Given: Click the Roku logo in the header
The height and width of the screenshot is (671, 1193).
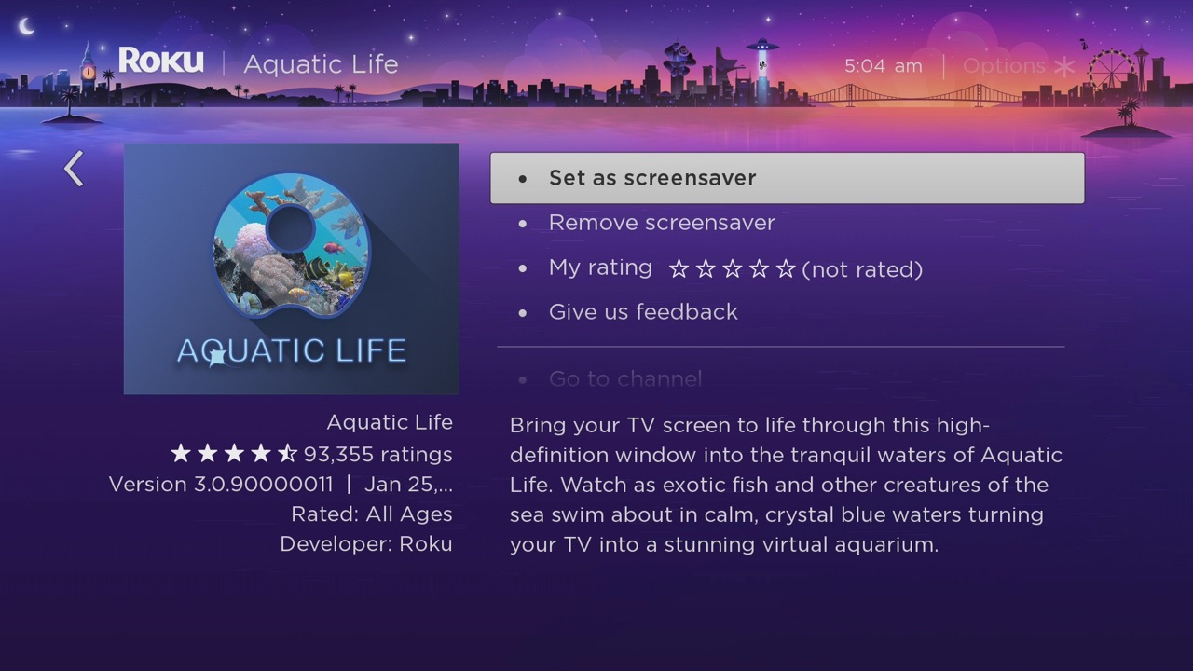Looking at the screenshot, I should pyautogui.click(x=160, y=62).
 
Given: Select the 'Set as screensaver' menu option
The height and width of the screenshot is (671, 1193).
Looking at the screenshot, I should pyautogui.click(x=651, y=178).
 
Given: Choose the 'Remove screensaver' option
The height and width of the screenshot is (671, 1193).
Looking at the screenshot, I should pyautogui.click(x=661, y=223).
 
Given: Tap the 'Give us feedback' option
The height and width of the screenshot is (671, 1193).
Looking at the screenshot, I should pyautogui.click(x=642, y=312).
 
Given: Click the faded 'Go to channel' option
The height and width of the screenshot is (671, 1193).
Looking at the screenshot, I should pyautogui.click(x=624, y=378).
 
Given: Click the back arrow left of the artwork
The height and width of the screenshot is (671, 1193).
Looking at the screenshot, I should pyautogui.click(x=74, y=169).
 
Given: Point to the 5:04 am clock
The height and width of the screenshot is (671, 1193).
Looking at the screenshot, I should pyautogui.click(x=883, y=66).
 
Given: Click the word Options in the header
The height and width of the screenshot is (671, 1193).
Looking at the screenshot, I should pyautogui.click(x=1004, y=66).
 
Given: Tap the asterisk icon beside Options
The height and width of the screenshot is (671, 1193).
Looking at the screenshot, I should pyautogui.click(x=1064, y=67).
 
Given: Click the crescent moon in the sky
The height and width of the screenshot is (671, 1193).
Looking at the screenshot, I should pyautogui.click(x=26, y=26).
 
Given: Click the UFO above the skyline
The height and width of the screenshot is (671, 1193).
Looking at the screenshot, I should pyautogui.click(x=761, y=47).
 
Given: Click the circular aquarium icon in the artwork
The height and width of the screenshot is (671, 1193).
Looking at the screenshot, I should pyautogui.click(x=291, y=244).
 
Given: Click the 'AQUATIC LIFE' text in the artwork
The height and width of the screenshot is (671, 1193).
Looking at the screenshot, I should pyautogui.click(x=291, y=350).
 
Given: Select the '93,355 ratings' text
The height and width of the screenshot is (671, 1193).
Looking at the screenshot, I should pyautogui.click(x=377, y=455).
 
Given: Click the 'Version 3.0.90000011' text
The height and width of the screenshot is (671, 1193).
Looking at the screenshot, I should pyautogui.click(x=221, y=485).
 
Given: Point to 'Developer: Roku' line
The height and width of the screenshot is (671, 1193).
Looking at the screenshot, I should pyautogui.click(x=365, y=544).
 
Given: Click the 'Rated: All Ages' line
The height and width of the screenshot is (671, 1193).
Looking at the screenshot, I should pyautogui.click(x=371, y=514).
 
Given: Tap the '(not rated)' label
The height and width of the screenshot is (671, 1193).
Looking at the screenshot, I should pyautogui.click(x=862, y=269).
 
